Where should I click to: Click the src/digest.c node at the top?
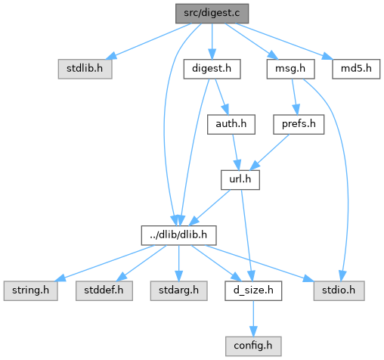(212, 14)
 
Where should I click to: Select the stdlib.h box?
(85, 69)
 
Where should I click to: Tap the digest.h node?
(212, 69)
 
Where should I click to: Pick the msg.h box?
(290, 69)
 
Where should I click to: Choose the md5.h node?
(356, 69)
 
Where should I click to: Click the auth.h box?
(231, 125)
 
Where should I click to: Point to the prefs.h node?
(299, 125)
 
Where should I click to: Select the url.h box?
(240, 180)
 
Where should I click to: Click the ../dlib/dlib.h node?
(178, 235)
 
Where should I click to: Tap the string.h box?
(30, 291)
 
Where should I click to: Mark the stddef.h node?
(104, 291)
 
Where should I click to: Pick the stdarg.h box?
(178, 291)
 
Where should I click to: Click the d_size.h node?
(253, 291)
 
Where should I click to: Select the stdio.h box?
(339, 291)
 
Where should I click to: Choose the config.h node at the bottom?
(253, 346)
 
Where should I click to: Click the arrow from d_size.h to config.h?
(253, 318)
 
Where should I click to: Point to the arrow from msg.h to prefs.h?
(295, 97)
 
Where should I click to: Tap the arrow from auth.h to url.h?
(236, 152)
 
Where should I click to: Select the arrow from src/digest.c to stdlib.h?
(149, 42)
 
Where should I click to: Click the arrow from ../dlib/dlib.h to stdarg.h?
(178, 263)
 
